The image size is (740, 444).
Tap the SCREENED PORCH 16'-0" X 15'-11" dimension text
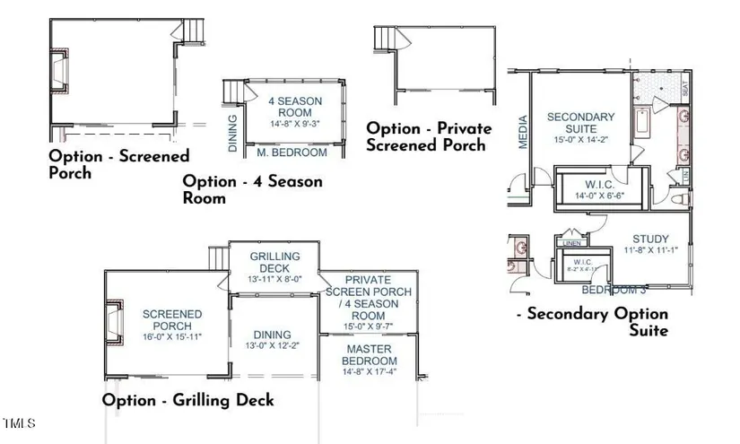click(173, 336)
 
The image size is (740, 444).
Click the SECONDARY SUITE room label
click(580, 122)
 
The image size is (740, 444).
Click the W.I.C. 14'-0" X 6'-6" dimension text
click(598, 195)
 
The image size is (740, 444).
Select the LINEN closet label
click(571, 242)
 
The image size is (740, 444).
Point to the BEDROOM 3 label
click(614, 291)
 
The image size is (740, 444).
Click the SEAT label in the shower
click(685, 90)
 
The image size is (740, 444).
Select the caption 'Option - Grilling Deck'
click(187, 400)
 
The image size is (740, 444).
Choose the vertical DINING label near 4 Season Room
click(232, 132)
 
